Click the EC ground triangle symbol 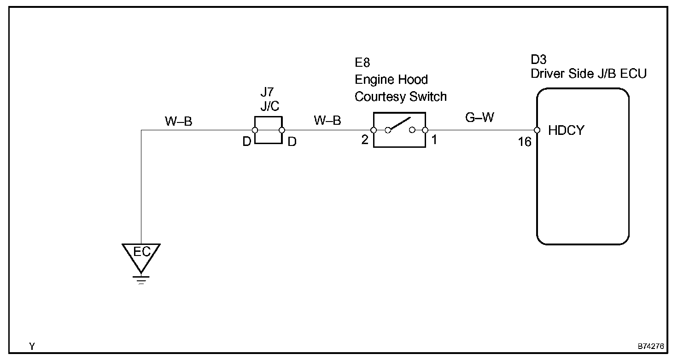141,256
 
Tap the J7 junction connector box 268,130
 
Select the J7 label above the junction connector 267,91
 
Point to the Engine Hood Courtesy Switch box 399,130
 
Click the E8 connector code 362,63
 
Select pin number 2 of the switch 365,140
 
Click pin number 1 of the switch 433,140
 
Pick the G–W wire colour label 479,118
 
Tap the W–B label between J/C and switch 327,121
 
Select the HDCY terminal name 566,131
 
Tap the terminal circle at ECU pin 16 537,130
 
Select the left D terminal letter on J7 246,142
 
